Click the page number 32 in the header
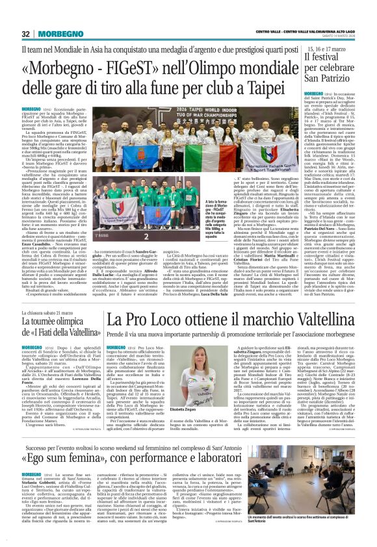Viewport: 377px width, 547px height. (x=26, y=34)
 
